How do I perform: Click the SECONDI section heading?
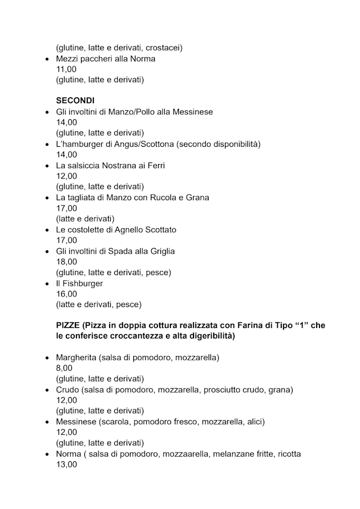pyautogui.click(x=75, y=101)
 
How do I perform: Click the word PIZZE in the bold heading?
pyautogui.click(x=68, y=326)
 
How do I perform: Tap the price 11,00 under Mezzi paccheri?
pyautogui.click(x=66, y=69)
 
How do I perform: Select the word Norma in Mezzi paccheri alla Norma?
pyautogui.click(x=143, y=58)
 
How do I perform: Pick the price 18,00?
pyautogui.click(x=66, y=262)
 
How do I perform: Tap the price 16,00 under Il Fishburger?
pyautogui.click(x=66, y=294)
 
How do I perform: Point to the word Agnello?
pyautogui.click(x=131, y=229)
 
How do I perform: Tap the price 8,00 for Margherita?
pyautogui.click(x=64, y=368)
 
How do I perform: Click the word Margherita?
pyautogui.click(x=76, y=358)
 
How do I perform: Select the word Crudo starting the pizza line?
pyautogui.click(x=67, y=389)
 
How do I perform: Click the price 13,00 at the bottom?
pyautogui.click(x=66, y=465)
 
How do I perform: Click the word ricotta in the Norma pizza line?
pyautogui.click(x=289, y=454)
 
